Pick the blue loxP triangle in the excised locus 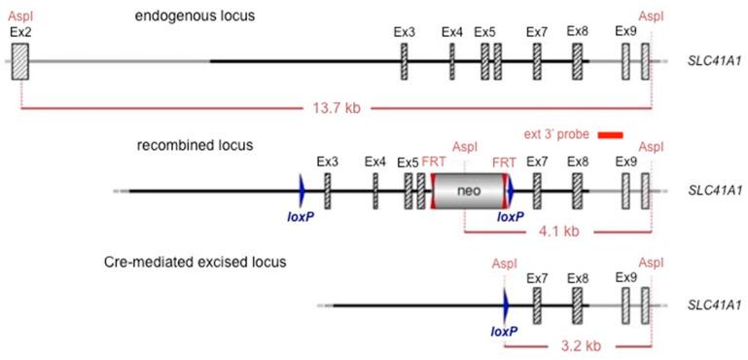point(505,306)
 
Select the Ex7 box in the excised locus point(537,306)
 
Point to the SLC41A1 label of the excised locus point(713,306)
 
